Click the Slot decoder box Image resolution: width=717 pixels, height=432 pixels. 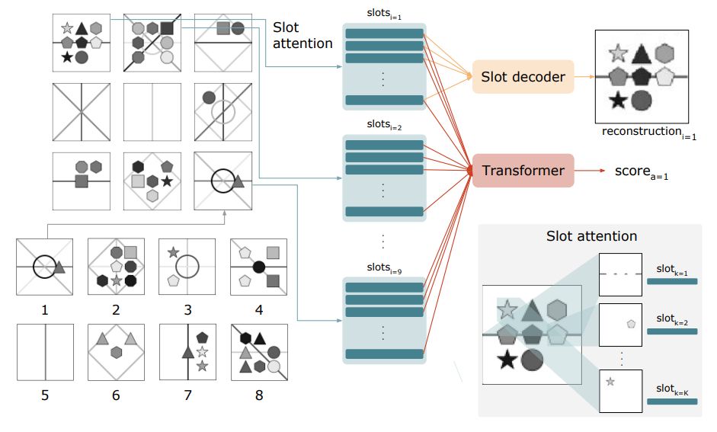click(523, 77)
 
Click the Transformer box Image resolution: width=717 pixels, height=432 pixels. click(522, 171)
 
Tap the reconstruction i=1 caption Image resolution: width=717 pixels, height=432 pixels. click(648, 133)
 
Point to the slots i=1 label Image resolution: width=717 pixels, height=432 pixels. click(383, 17)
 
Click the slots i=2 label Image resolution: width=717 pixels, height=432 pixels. click(383, 126)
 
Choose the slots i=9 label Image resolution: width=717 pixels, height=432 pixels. click(383, 268)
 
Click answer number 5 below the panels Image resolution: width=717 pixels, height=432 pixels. click(45, 395)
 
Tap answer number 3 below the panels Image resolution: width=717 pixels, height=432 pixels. click(187, 309)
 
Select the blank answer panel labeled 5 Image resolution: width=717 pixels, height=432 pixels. click(45, 352)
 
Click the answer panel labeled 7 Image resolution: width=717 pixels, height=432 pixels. click(187, 352)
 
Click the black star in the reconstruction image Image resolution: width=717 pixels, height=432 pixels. click(618, 100)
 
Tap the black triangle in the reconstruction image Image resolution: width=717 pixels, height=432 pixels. click(642, 53)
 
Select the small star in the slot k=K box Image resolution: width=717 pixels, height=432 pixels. click(610, 381)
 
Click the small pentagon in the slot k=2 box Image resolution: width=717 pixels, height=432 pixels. click(631, 324)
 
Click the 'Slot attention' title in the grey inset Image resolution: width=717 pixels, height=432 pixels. click(591, 236)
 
